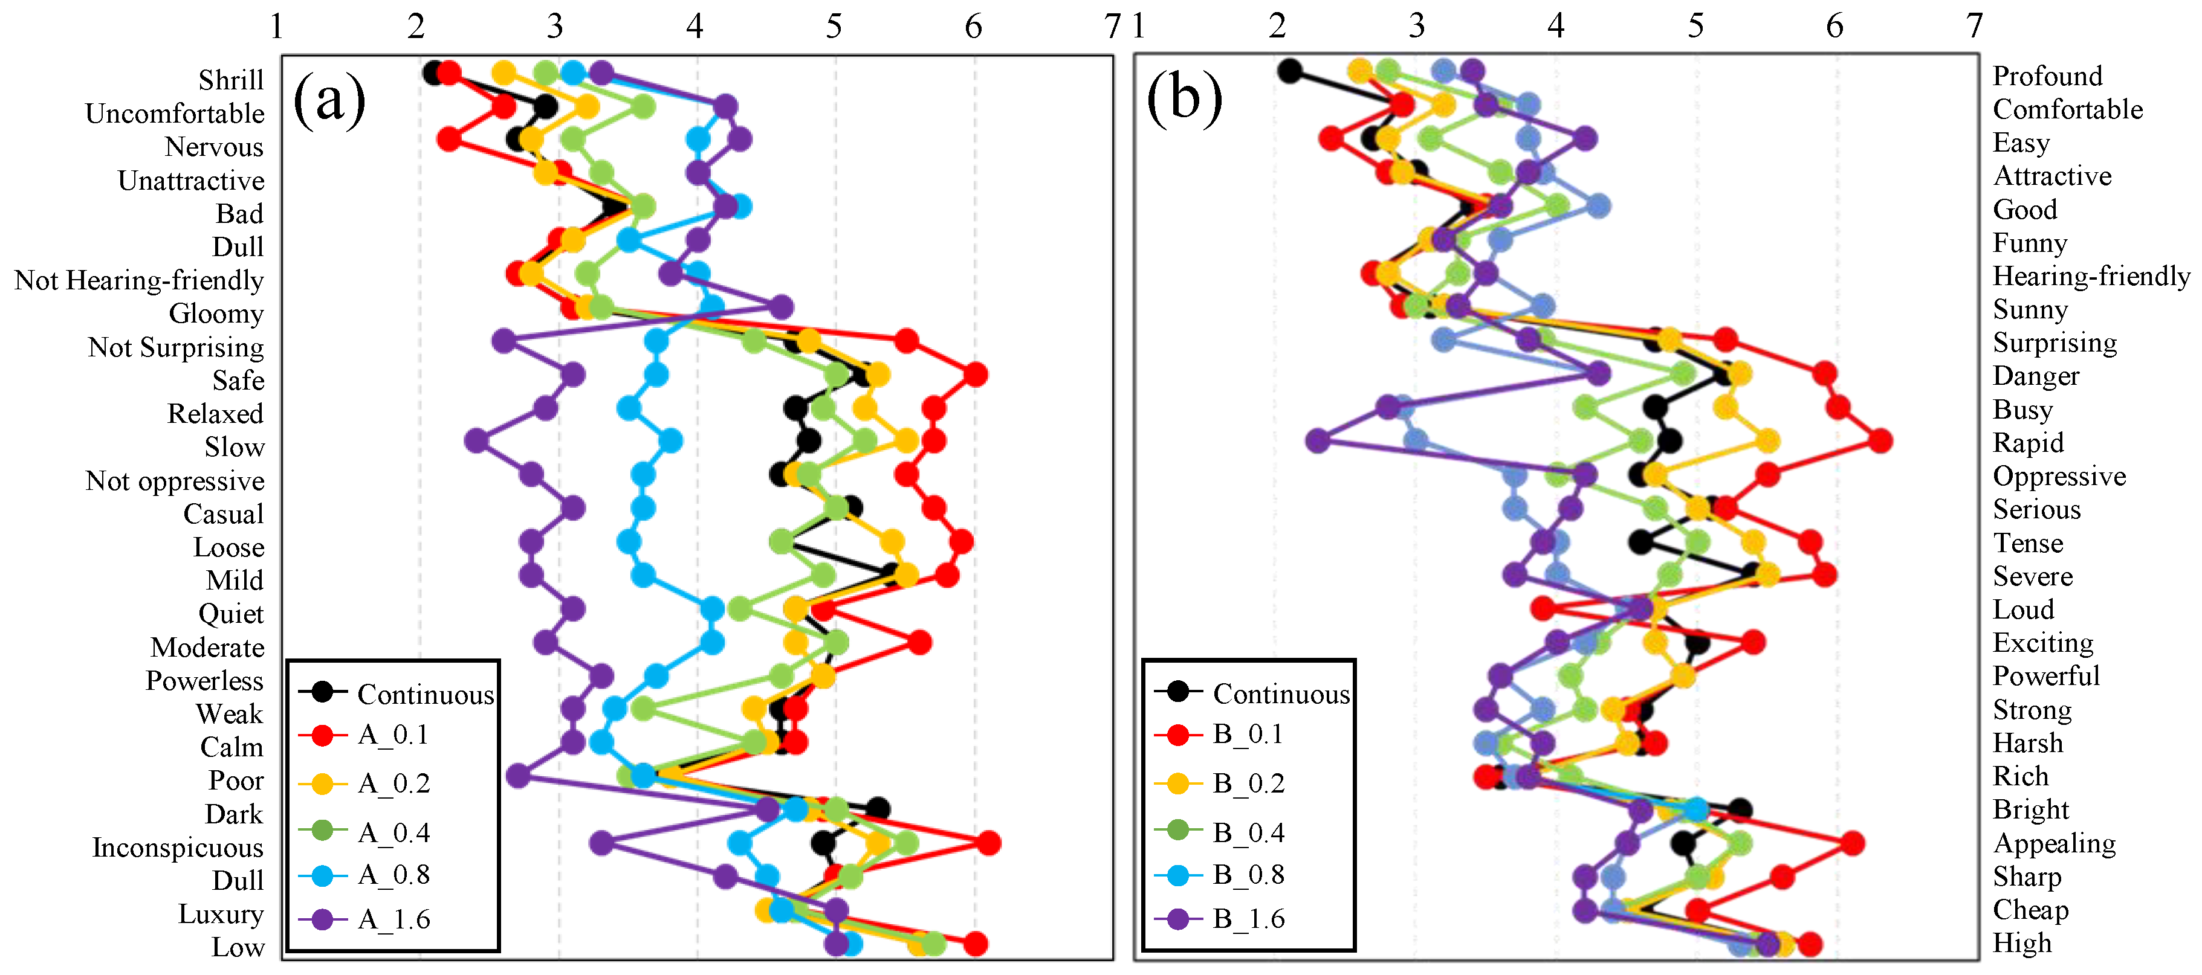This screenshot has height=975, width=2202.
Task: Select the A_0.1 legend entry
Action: [393, 735]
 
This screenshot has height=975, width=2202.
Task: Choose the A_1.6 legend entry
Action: [394, 919]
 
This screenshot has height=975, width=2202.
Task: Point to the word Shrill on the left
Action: [231, 80]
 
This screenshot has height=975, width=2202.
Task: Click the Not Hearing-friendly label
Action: [140, 280]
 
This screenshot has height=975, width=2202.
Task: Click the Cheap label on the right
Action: [2031, 909]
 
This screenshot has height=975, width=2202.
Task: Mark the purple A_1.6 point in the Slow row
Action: [476, 441]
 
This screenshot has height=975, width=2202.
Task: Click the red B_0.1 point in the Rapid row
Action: [1879, 441]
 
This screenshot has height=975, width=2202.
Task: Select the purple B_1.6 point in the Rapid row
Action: [1318, 441]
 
